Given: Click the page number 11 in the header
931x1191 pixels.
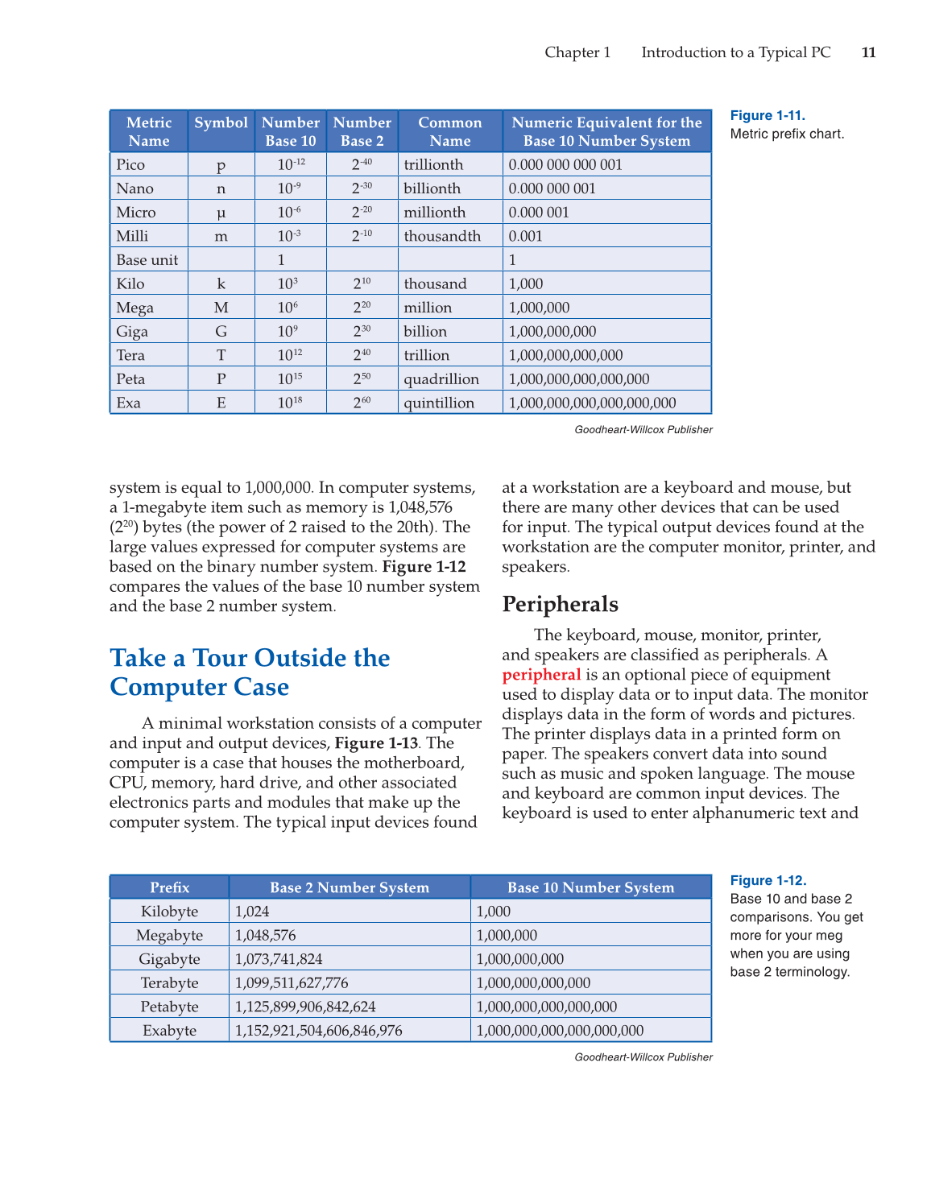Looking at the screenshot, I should [868, 52].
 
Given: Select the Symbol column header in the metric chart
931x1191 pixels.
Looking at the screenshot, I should [221, 123].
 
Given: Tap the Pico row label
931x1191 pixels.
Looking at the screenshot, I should [130, 165].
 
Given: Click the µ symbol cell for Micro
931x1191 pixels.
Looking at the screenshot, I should [221, 213].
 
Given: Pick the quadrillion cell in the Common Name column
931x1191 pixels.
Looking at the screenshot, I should [441, 379].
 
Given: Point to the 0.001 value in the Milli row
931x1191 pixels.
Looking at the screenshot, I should [526, 237].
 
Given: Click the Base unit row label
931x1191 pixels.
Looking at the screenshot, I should [147, 260].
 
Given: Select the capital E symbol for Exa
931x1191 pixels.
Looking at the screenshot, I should [221, 403].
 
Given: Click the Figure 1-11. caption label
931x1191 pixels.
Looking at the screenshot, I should [768, 116].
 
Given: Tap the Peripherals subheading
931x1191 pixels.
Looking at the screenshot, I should [561, 604].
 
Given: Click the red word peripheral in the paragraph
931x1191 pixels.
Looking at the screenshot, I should [541, 675].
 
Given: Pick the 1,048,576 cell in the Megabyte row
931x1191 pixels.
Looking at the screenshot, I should [266, 936].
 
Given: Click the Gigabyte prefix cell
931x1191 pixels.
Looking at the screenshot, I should [169, 959].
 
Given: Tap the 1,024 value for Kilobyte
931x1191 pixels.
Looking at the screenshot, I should [252, 912].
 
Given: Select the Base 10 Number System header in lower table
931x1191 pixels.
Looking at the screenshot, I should [590, 887].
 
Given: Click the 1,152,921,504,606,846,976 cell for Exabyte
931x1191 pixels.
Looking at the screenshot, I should [319, 1031].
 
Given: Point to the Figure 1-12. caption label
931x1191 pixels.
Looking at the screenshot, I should [768, 881].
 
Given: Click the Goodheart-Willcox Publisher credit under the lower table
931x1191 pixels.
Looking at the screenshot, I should [643, 1057].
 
